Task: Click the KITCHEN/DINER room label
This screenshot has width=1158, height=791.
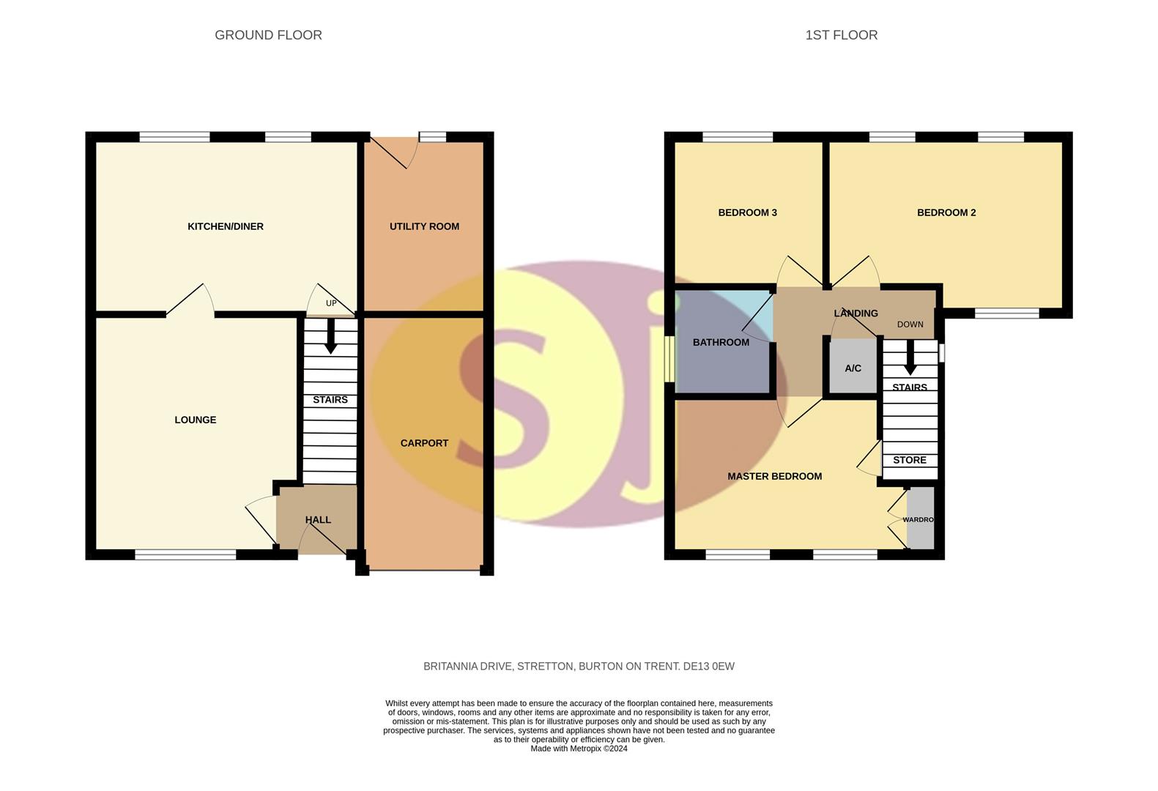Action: click(x=226, y=226)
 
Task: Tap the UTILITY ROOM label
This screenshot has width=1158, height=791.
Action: click(x=424, y=226)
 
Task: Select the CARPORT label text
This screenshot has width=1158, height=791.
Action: click(x=424, y=443)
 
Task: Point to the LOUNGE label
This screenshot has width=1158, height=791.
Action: click(x=195, y=420)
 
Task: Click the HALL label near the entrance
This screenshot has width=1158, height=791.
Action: click(x=318, y=520)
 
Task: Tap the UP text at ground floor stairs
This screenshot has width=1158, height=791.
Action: click(x=331, y=303)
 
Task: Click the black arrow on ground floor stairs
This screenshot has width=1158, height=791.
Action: click(x=331, y=341)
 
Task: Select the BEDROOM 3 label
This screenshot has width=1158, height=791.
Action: click(x=747, y=212)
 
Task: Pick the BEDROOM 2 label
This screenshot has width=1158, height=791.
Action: click(x=946, y=212)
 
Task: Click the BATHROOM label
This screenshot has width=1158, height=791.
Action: click(x=721, y=342)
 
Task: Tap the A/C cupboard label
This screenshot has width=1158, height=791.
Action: click(x=853, y=368)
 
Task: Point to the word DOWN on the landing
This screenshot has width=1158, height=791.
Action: click(x=910, y=324)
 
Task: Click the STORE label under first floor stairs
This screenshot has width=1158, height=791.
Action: click(x=910, y=460)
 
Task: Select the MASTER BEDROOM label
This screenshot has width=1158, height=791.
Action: click(x=774, y=476)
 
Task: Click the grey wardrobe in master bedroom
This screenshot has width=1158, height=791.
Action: click(x=921, y=519)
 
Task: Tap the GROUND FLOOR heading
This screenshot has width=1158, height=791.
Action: click(x=268, y=35)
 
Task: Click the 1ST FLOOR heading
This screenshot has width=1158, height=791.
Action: click(x=841, y=35)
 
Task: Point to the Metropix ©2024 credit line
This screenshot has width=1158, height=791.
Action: click(x=579, y=749)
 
